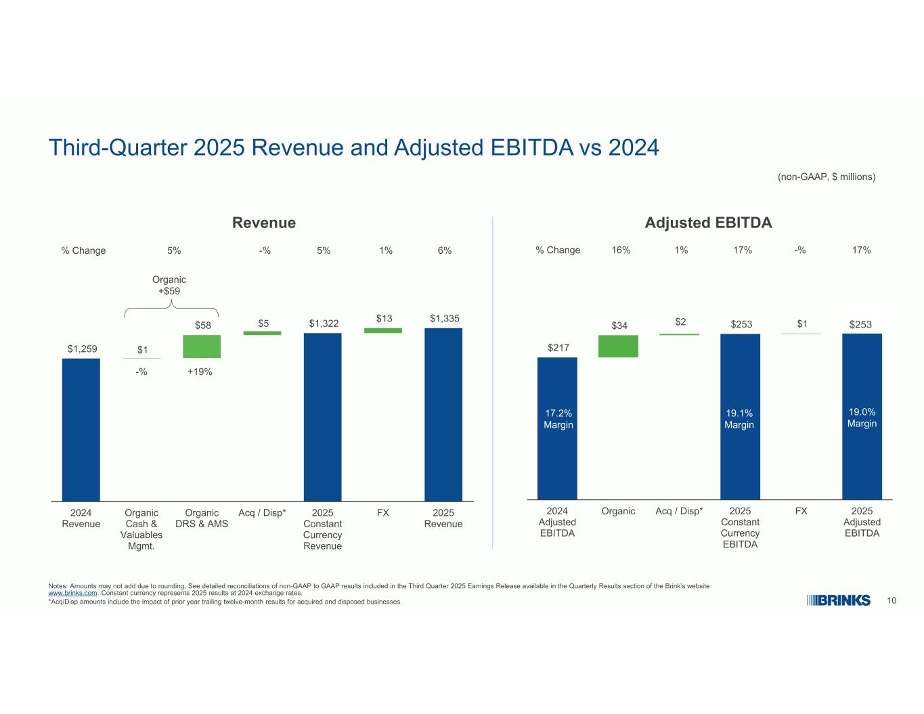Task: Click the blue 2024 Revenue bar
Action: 81,429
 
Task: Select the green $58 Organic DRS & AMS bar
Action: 202,347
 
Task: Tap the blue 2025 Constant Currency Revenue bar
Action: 322,417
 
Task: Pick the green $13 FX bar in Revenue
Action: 383,330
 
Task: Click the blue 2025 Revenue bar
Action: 443,414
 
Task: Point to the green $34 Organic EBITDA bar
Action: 618,346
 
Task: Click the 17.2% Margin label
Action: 558,419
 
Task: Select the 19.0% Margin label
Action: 862,418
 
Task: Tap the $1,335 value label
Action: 445,318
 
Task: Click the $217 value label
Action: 558,347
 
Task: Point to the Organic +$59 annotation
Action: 169,285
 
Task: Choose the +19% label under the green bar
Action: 200,372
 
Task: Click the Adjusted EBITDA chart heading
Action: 708,223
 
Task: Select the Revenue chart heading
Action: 264,223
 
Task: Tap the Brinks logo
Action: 839,600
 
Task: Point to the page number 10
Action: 892,600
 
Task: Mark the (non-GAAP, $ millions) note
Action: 826,177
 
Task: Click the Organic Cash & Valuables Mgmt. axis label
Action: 141,529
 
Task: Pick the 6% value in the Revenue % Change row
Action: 445,250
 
